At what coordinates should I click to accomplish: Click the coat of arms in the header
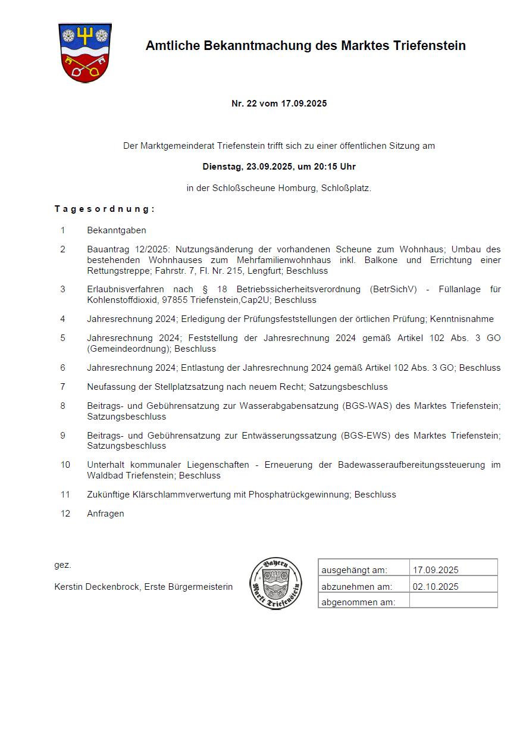coord(84,52)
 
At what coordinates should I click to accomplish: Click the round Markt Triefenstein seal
coord(275,584)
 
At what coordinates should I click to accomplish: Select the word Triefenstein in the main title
coord(429,46)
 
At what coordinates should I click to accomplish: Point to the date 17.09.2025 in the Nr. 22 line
coord(304,104)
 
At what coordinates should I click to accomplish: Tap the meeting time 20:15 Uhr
coord(330,167)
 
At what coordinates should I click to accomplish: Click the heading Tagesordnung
coord(104,209)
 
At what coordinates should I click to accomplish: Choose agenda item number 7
coord(62,387)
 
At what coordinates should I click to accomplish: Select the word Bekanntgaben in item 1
coord(116,230)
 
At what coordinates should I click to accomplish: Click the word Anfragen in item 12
coord(105,514)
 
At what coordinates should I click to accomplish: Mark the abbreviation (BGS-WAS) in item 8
coord(363,406)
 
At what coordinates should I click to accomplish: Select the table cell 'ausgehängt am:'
coord(354,570)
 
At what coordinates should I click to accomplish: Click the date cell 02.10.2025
coord(436,587)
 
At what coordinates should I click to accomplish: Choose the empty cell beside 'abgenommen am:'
coord(453,602)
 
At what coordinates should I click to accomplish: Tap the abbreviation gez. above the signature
coord(62,565)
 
